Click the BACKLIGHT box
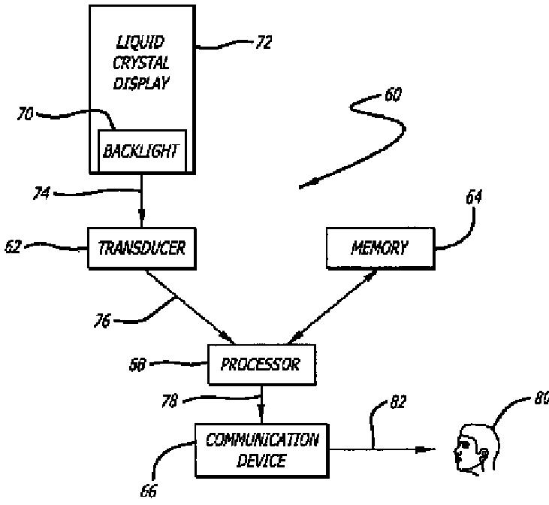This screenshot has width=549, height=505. (x=142, y=151)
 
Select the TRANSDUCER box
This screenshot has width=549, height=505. (x=142, y=248)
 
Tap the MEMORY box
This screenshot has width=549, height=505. (x=381, y=248)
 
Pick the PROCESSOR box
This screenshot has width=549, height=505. (x=262, y=364)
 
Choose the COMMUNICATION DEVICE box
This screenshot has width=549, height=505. (x=262, y=451)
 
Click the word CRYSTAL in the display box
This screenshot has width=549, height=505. (x=141, y=63)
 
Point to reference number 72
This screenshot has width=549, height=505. (x=264, y=42)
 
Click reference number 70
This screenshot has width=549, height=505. (x=26, y=114)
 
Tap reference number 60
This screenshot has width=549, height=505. (x=393, y=95)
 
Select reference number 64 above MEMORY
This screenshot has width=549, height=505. (x=474, y=197)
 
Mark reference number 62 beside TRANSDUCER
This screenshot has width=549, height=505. (x=13, y=246)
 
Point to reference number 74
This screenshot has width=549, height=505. (x=41, y=193)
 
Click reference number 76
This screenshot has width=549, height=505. (x=102, y=321)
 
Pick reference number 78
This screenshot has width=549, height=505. (x=170, y=401)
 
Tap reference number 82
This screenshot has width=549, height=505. (x=398, y=402)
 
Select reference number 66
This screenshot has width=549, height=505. (x=149, y=491)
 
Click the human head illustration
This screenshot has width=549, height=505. (x=476, y=449)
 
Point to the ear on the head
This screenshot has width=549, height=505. (x=484, y=455)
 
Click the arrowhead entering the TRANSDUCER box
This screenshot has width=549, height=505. (x=141, y=213)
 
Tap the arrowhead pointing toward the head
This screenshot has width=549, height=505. (x=425, y=449)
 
